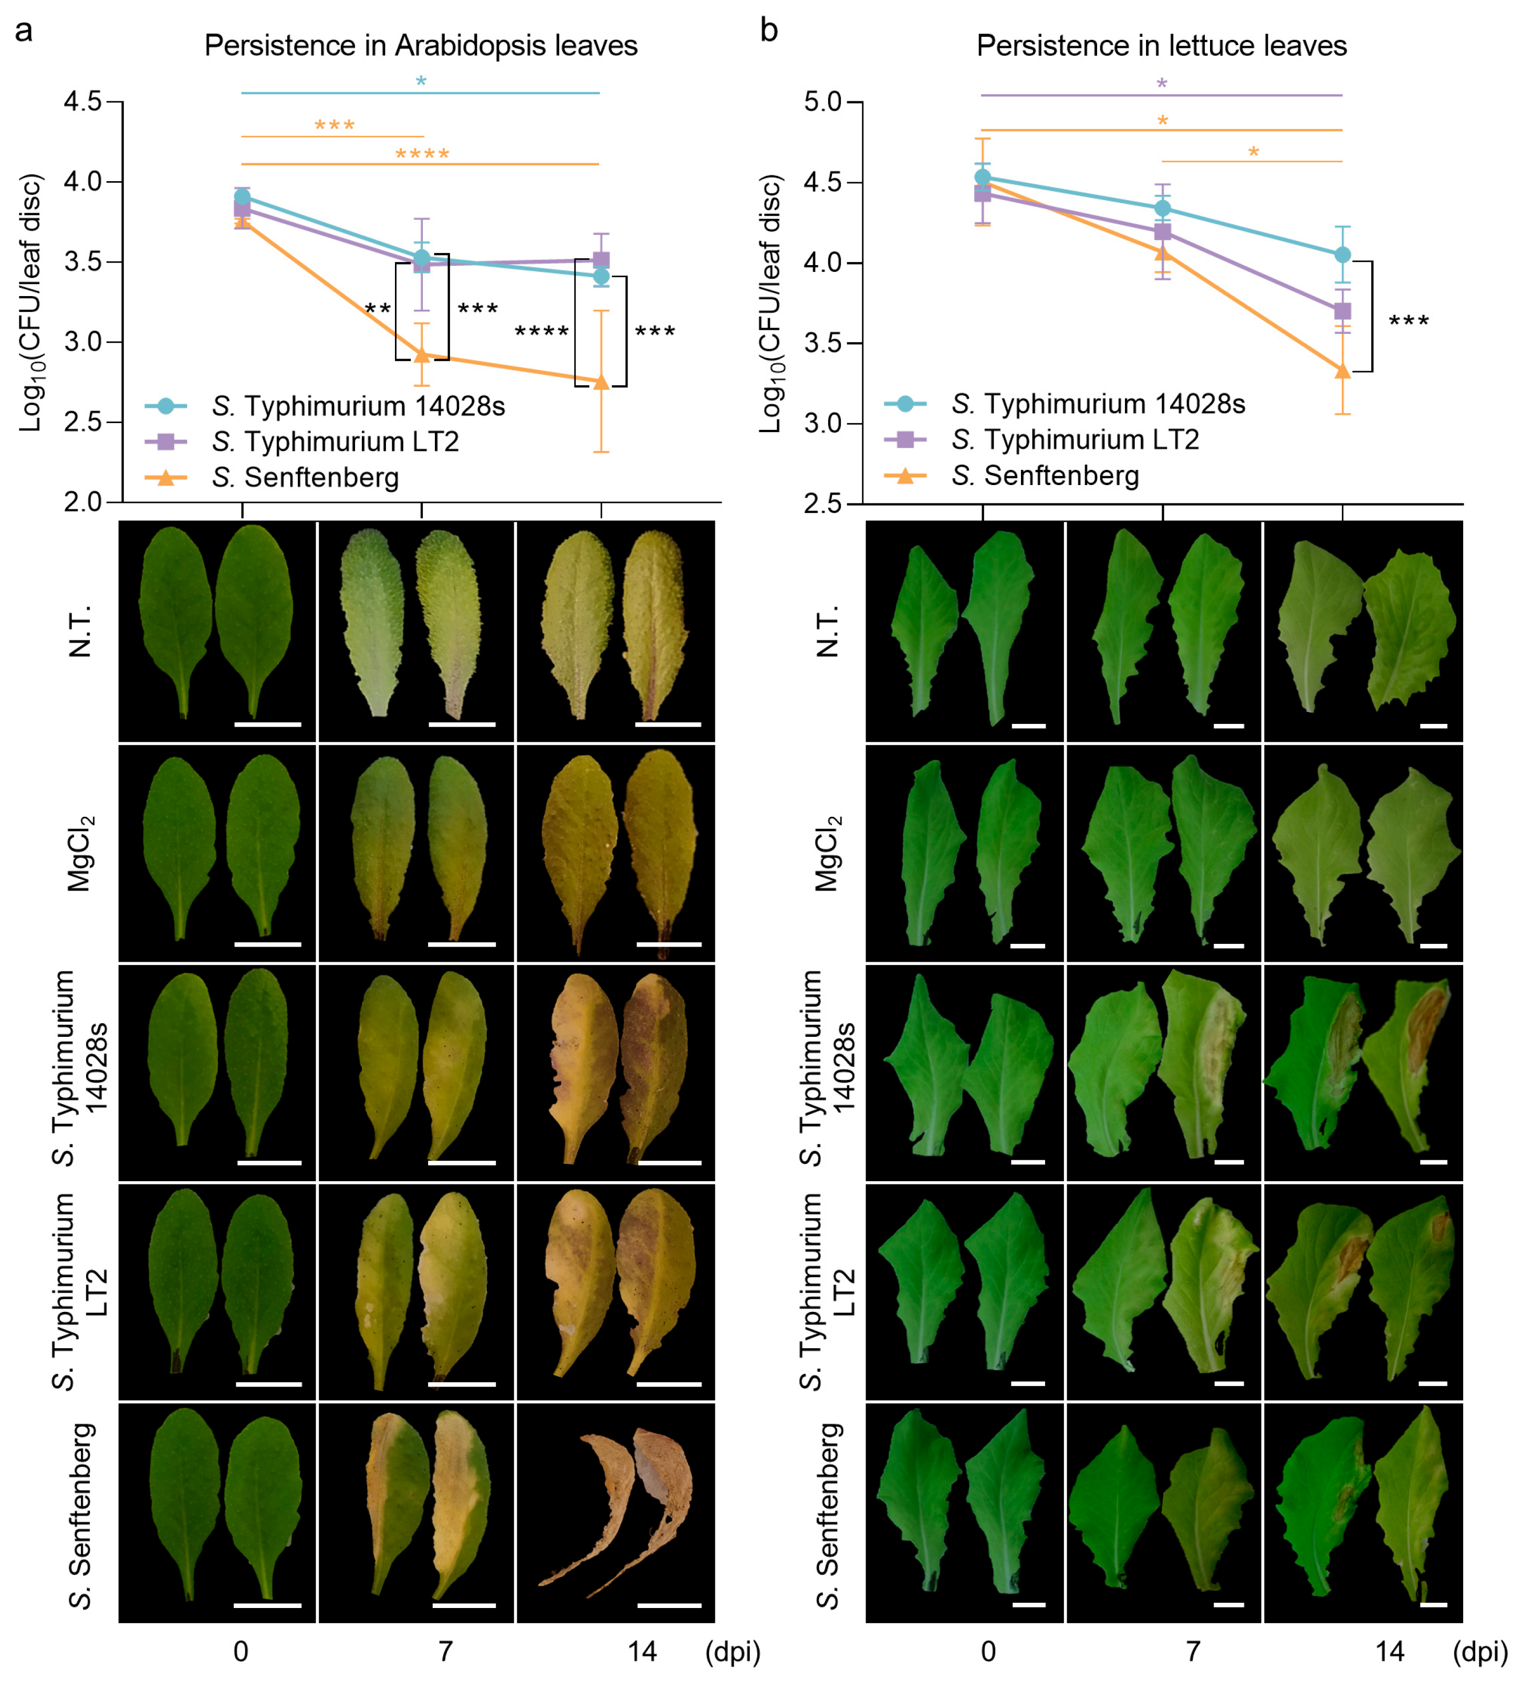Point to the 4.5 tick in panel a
point(83,102)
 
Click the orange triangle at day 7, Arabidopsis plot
point(422,355)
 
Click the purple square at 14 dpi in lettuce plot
point(1342,311)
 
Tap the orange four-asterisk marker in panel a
point(422,154)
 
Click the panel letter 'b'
point(768,30)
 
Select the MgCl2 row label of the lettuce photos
point(828,854)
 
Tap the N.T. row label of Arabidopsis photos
point(79,631)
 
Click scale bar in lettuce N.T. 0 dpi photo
point(1029,726)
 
